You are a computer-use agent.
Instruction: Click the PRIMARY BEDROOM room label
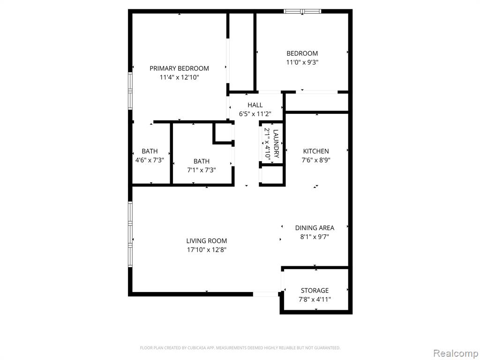179,68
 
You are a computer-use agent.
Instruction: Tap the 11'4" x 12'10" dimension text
179,77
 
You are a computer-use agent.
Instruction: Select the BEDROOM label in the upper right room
302,53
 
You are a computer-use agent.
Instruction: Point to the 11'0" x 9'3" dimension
302,62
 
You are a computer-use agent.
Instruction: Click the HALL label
255,105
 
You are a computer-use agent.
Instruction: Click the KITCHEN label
316,151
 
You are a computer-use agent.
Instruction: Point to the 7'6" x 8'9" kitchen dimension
316,160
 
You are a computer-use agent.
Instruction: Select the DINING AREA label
315,228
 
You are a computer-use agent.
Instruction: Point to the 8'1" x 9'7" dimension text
315,237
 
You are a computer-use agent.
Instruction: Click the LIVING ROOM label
207,241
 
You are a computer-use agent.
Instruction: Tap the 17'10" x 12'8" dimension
207,250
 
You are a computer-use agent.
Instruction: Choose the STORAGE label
315,291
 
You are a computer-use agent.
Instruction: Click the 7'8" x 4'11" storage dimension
315,300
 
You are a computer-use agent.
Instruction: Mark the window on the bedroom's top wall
302,12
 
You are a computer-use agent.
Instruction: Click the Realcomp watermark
456,353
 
